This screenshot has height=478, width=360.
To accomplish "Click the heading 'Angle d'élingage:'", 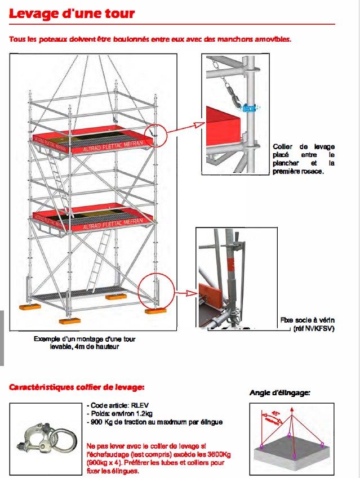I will coord(279,393).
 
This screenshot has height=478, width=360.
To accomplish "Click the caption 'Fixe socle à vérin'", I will coord(307,320).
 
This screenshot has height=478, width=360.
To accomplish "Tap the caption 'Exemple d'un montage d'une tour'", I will coord(85,339).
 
